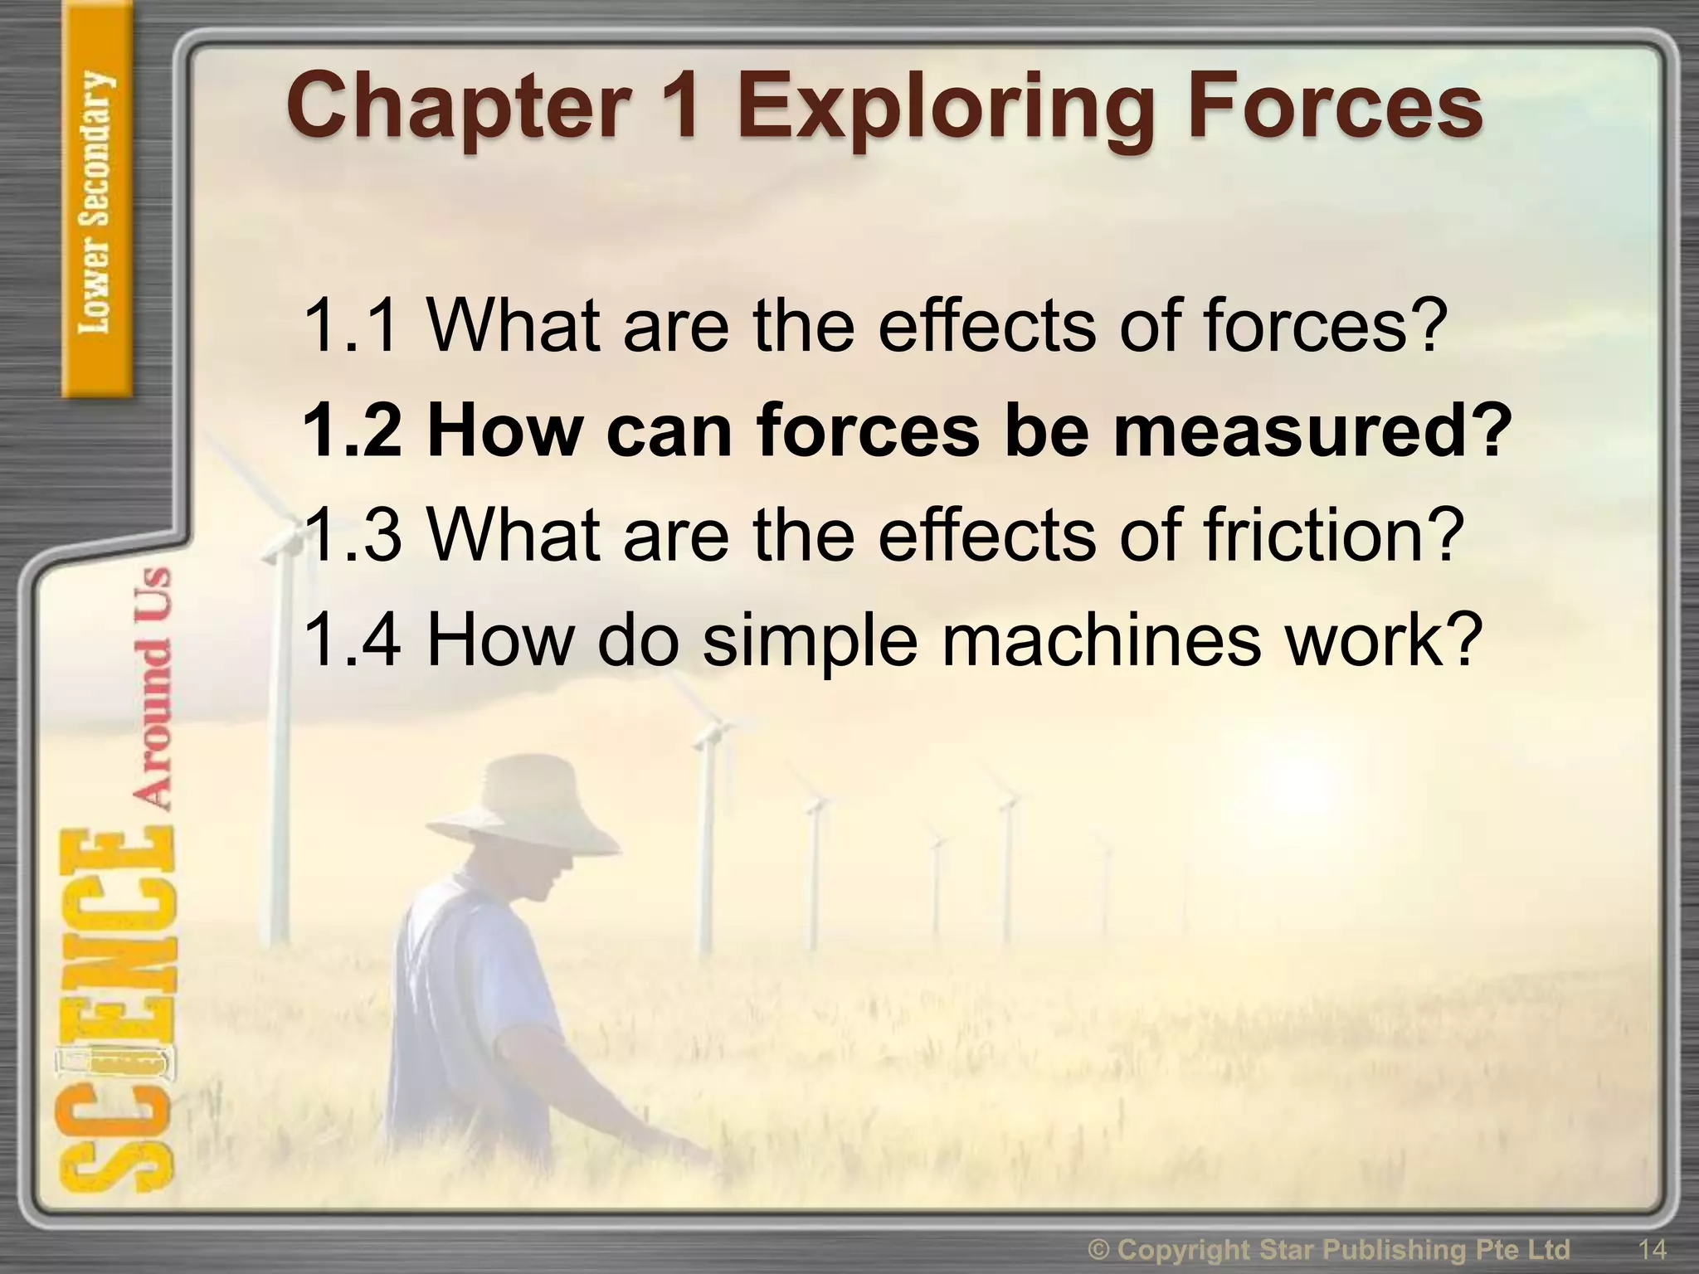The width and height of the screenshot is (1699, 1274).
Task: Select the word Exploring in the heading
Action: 946,112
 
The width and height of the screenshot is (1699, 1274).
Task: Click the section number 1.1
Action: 353,325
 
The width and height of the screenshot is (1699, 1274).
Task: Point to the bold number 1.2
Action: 353,431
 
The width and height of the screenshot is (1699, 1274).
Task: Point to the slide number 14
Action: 1652,1248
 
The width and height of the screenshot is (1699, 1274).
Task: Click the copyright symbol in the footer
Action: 1101,1249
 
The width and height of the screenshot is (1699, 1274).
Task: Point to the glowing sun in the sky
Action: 1294,788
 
